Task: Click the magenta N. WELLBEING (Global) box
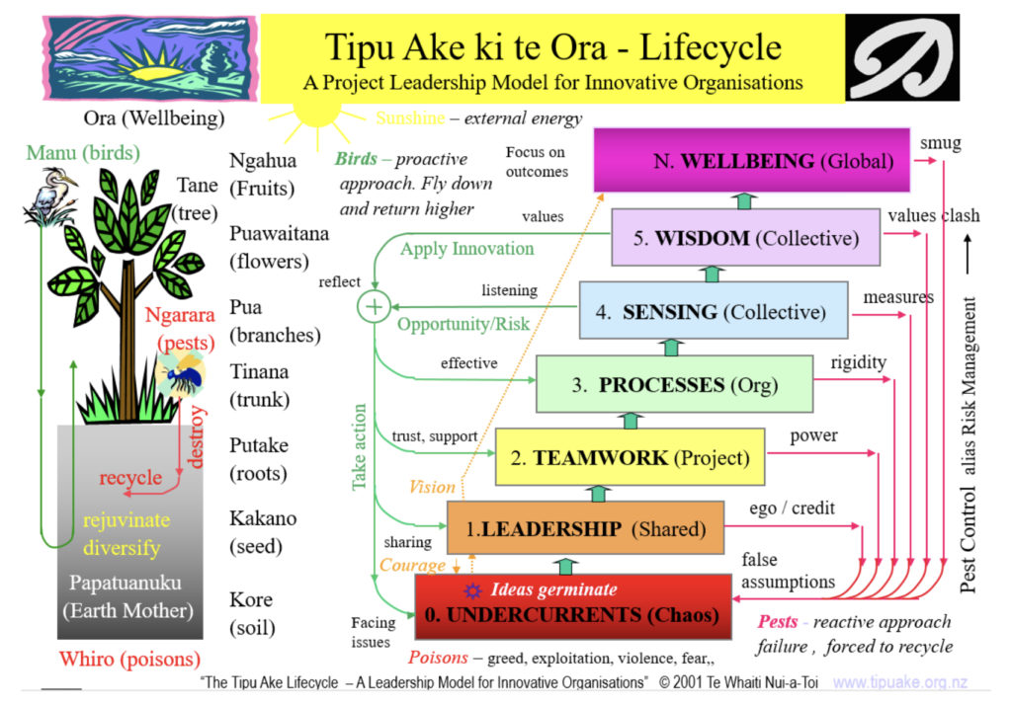tap(751, 160)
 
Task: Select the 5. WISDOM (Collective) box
tap(745, 237)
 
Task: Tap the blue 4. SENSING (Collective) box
tap(714, 310)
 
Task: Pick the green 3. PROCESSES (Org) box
tap(674, 384)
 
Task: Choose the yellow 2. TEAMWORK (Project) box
tap(630, 456)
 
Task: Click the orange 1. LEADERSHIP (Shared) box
tap(585, 528)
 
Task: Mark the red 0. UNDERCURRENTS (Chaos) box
tap(573, 606)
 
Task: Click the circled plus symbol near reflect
tap(375, 307)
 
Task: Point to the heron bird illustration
tap(49, 196)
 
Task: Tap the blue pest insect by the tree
tap(182, 376)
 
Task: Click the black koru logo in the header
tap(902, 57)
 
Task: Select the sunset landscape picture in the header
tap(150, 58)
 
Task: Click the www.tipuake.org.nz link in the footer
tap(899, 682)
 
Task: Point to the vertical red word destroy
tap(195, 436)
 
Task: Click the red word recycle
tap(130, 477)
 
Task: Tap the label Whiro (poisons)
tap(129, 659)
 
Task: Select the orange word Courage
tap(412, 566)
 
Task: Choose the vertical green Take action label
tap(359, 447)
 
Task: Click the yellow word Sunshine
tap(410, 118)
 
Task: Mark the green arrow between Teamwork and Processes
tap(631, 420)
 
